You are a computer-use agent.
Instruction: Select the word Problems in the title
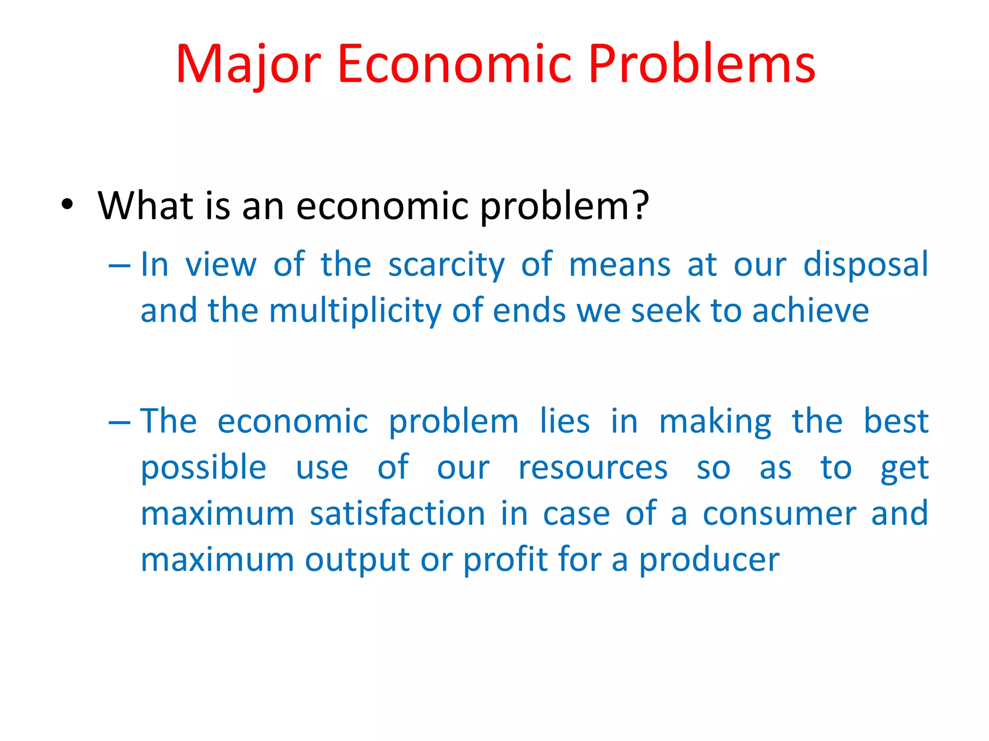pos(702,64)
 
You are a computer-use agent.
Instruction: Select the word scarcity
pos(446,265)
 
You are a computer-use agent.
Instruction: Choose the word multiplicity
pos(355,311)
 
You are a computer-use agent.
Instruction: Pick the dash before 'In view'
pos(119,265)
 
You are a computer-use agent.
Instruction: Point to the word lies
pos(565,421)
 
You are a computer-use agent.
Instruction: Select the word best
pos(896,421)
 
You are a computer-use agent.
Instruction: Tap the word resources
pos(593,467)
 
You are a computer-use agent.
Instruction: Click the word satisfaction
pos(397,513)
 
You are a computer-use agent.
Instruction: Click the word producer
pos(709,561)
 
